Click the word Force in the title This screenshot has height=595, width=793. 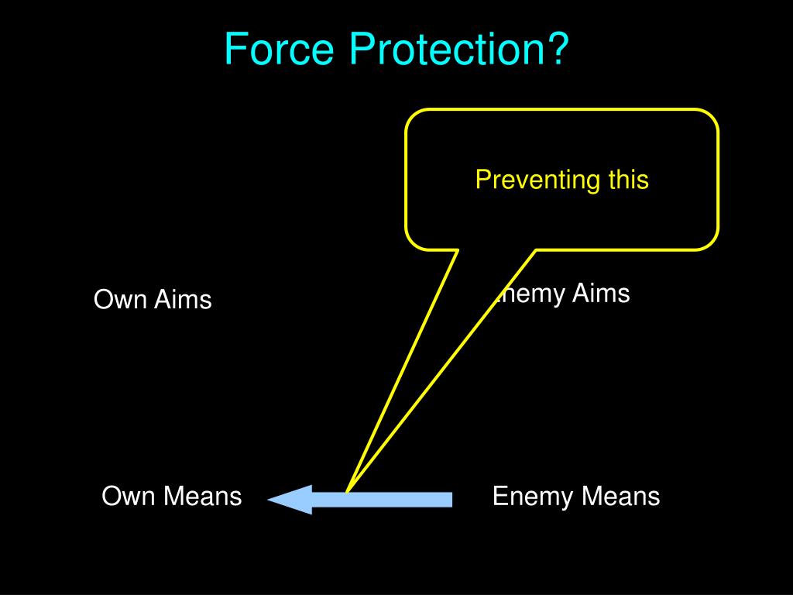[x=280, y=49]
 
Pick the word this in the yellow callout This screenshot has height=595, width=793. [x=628, y=180]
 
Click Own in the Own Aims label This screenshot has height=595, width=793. [x=120, y=299]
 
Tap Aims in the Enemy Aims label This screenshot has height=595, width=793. [x=600, y=294]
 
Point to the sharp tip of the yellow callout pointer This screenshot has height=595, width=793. [x=347, y=491]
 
